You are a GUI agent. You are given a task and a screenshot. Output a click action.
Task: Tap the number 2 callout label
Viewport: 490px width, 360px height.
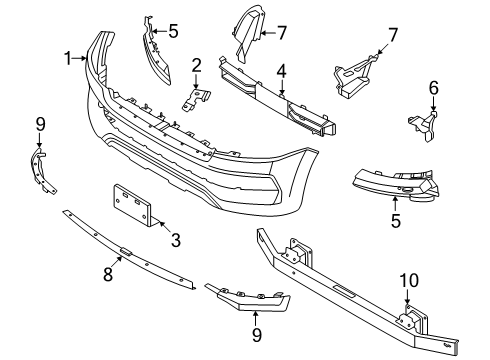197,66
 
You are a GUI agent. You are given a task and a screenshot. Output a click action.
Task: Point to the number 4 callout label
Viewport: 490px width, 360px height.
283,71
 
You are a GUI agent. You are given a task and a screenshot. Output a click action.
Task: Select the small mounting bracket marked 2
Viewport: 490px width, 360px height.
197,98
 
